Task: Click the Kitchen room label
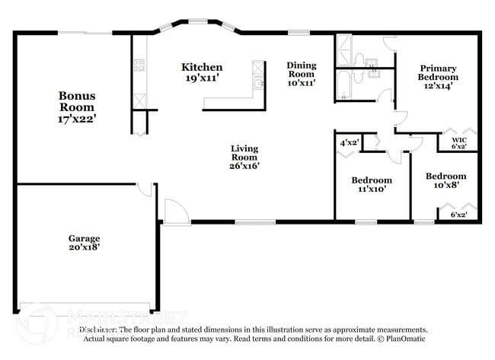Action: point(202,67)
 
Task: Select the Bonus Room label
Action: point(78,102)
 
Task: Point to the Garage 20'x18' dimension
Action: point(84,247)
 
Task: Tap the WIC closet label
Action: point(458,139)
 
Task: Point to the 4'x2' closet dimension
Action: point(349,142)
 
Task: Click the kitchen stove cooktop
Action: point(139,65)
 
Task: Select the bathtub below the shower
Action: point(345,86)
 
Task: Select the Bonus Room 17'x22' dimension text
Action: point(78,119)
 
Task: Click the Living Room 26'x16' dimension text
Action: point(244,166)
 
